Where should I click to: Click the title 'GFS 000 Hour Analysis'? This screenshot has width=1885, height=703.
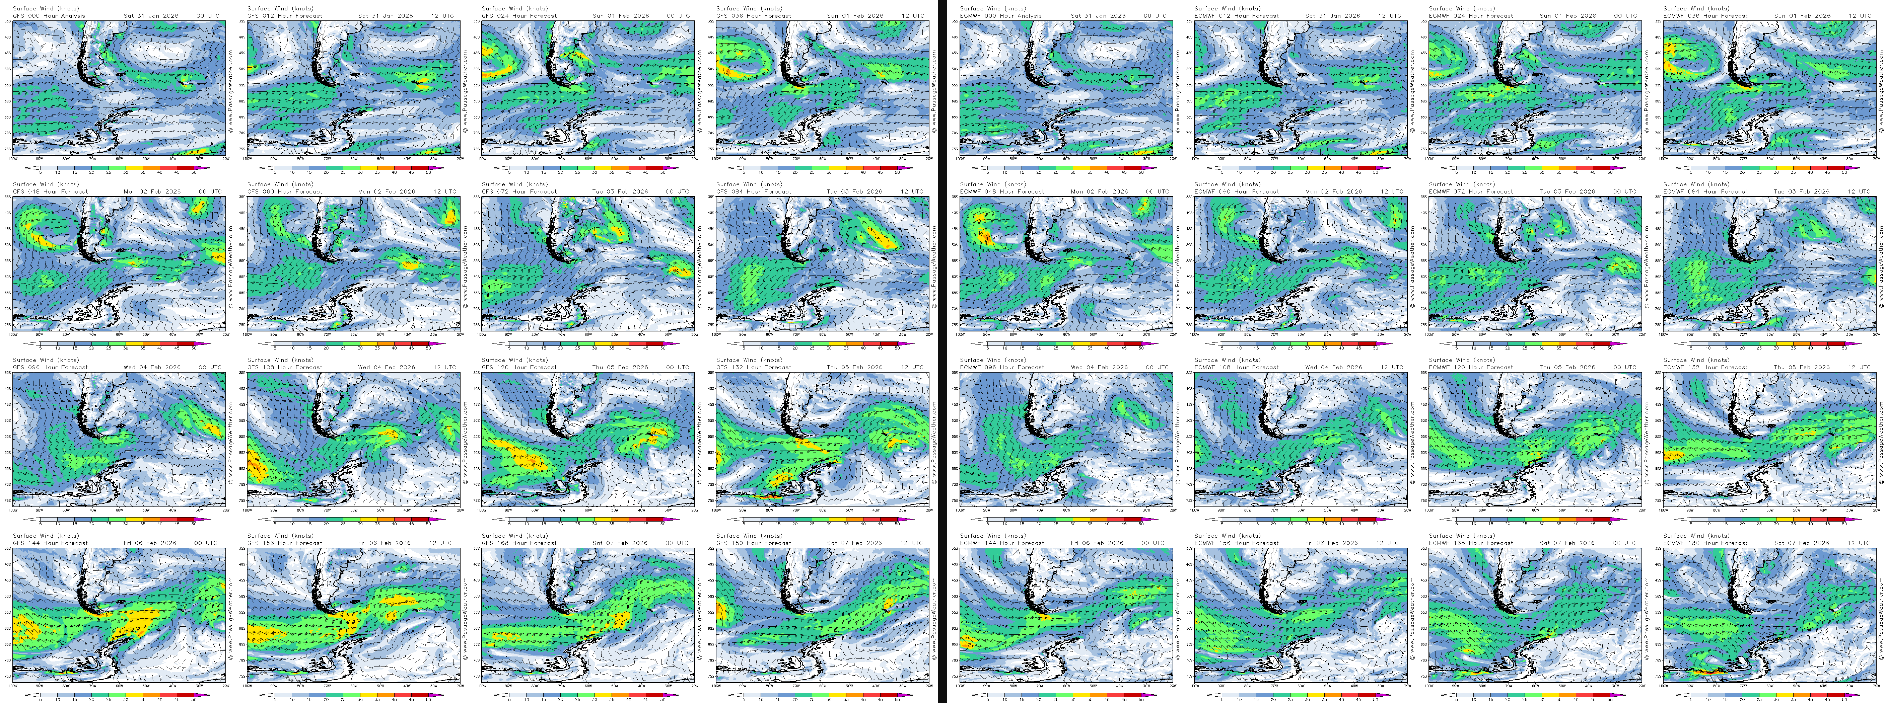[49, 15]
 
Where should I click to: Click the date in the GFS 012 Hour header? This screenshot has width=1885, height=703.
[386, 15]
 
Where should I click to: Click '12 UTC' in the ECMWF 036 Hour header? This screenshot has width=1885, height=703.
[1859, 15]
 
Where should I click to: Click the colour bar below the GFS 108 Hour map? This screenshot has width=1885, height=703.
[351, 519]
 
